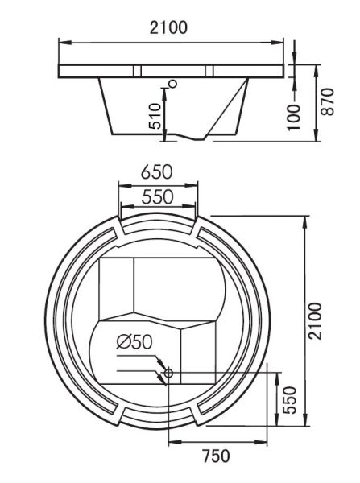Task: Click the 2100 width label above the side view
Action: tap(169, 27)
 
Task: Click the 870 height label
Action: tap(327, 101)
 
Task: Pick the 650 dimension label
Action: tap(159, 173)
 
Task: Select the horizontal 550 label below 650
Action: tap(159, 196)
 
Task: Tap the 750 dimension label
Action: tap(213, 457)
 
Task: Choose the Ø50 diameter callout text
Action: tap(133, 341)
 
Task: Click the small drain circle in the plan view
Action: tap(168, 372)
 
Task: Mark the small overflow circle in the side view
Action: tap(172, 82)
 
